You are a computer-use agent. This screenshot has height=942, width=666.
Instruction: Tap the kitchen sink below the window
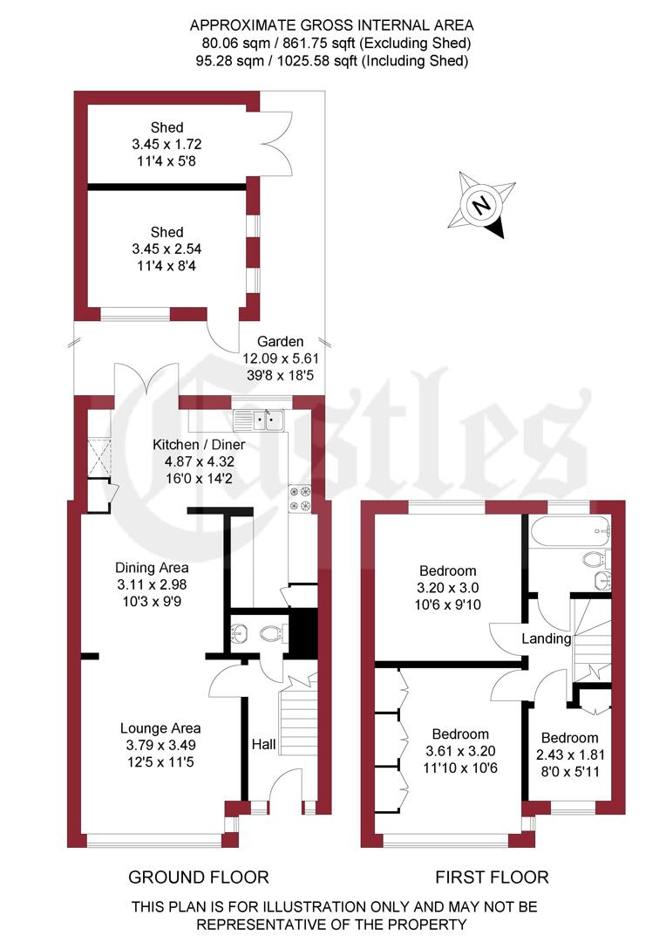[x=271, y=420]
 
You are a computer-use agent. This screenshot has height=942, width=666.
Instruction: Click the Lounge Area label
[x=160, y=728]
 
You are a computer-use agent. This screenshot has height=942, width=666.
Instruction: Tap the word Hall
[x=263, y=745]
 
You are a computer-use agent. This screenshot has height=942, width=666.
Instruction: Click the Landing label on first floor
[x=546, y=638]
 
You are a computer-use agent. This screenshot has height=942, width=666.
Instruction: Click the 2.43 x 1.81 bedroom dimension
[x=567, y=754]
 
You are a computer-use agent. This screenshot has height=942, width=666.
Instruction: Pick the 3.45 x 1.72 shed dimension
[x=166, y=144]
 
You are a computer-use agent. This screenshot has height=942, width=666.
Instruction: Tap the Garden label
[x=280, y=342]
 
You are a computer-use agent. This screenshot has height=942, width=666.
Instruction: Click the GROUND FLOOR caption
[x=199, y=877]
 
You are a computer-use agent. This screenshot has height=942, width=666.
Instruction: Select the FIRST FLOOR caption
[x=492, y=877]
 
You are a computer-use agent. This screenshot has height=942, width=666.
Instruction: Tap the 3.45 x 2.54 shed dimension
[x=166, y=249]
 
